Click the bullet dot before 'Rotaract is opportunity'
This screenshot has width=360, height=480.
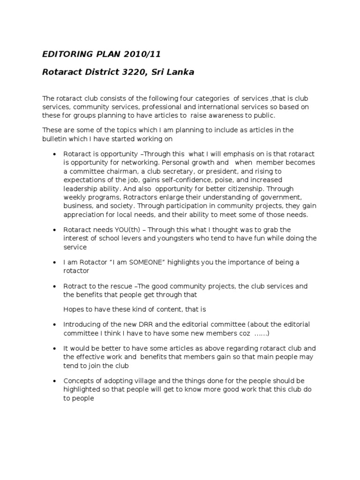55,154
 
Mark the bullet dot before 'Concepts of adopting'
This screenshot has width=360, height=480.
55,381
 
